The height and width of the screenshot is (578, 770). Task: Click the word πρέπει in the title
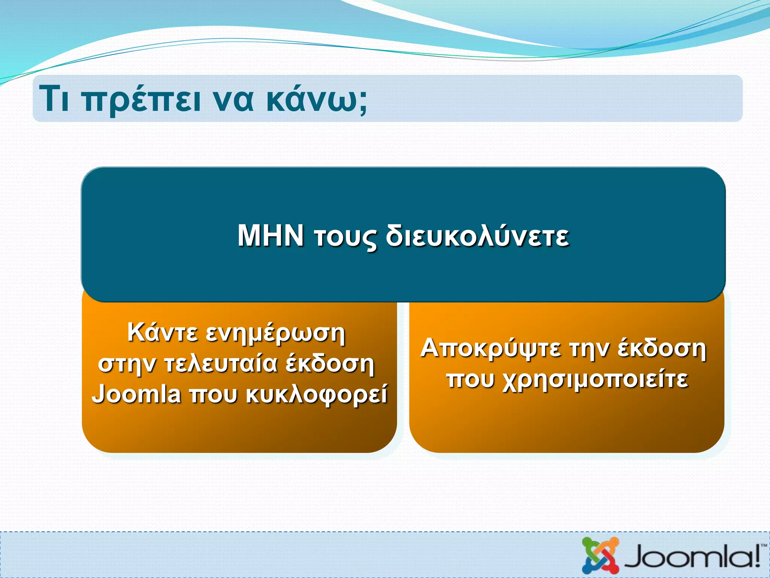coord(142,100)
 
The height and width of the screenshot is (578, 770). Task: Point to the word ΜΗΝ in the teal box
coord(271,236)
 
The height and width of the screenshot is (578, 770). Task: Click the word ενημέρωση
coord(276,334)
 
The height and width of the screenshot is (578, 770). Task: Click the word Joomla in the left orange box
coord(136,395)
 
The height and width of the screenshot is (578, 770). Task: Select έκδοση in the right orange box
coord(662,348)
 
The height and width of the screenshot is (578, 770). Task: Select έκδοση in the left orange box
coord(330,364)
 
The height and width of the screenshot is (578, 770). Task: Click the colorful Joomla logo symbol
coord(600,555)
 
